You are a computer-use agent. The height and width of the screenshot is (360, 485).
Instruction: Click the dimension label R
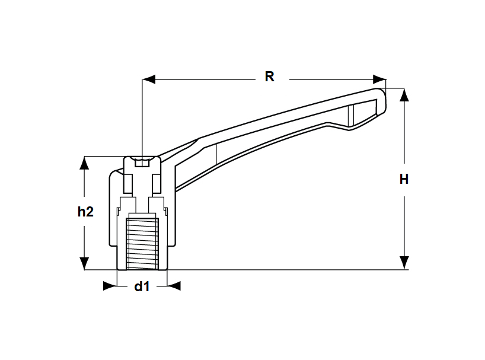pos(269,77)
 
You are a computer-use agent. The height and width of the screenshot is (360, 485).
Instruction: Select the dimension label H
pos(404,179)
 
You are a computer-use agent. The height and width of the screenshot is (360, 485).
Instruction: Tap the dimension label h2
pos(86,212)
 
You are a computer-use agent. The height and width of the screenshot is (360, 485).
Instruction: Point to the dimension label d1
pos(142,287)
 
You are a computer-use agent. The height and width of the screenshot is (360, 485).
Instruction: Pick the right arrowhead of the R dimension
pos(379,78)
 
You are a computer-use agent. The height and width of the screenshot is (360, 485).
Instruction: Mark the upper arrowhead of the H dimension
pos(404,95)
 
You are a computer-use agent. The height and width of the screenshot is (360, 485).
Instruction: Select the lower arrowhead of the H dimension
pos(404,263)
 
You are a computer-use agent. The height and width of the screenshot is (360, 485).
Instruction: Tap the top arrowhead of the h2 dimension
pos(85,163)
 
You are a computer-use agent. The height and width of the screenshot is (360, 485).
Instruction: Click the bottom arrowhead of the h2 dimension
pos(85,263)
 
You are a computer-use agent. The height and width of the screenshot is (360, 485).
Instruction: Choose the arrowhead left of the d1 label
pos(110,286)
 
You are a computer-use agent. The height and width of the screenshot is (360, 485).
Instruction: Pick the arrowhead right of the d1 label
pos(173,286)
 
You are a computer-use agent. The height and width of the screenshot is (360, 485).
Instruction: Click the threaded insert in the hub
pos(142,241)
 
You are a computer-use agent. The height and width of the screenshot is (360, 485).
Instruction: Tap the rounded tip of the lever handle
pos(382,101)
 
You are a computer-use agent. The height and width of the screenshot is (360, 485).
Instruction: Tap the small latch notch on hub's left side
pos(119,210)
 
